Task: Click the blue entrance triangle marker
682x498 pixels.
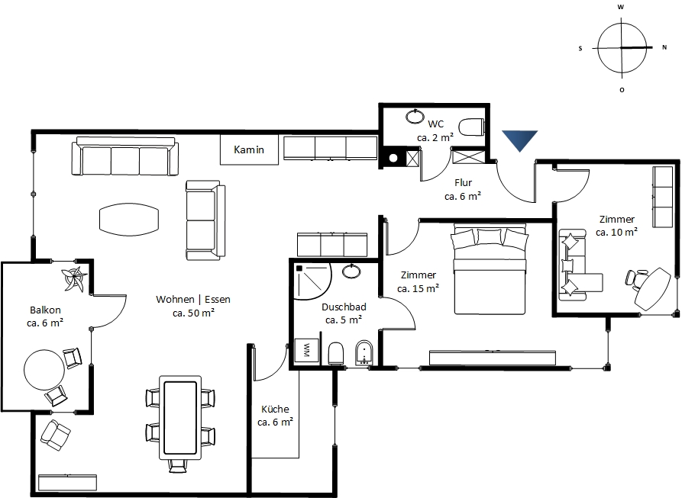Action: pyautogui.click(x=520, y=139)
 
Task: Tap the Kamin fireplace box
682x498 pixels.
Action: pyautogui.click(x=249, y=149)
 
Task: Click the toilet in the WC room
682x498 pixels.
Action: pyautogui.click(x=472, y=127)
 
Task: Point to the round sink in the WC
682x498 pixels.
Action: pyautogui.click(x=415, y=117)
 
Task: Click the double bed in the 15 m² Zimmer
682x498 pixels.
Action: pyautogui.click(x=490, y=269)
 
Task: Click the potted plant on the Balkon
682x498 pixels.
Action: pyautogui.click(x=74, y=278)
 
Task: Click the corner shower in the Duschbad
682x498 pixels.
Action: pyautogui.click(x=312, y=282)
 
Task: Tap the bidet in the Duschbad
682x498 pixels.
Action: pyautogui.click(x=364, y=353)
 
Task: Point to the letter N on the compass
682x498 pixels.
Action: pyautogui.click(x=664, y=47)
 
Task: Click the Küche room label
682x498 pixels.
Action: pyautogui.click(x=275, y=409)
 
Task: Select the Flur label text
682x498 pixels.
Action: pyautogui.click(x=464, y=183)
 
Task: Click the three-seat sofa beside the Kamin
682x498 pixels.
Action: pyautogui.click(x=124, y=156)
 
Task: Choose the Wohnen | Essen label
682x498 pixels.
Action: pyautogui.click(x=193, y=299)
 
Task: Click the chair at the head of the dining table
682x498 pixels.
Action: pyautogui.click(x=177, y=466)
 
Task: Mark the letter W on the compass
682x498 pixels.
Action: pyautogui.click(x=621, y=7)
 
